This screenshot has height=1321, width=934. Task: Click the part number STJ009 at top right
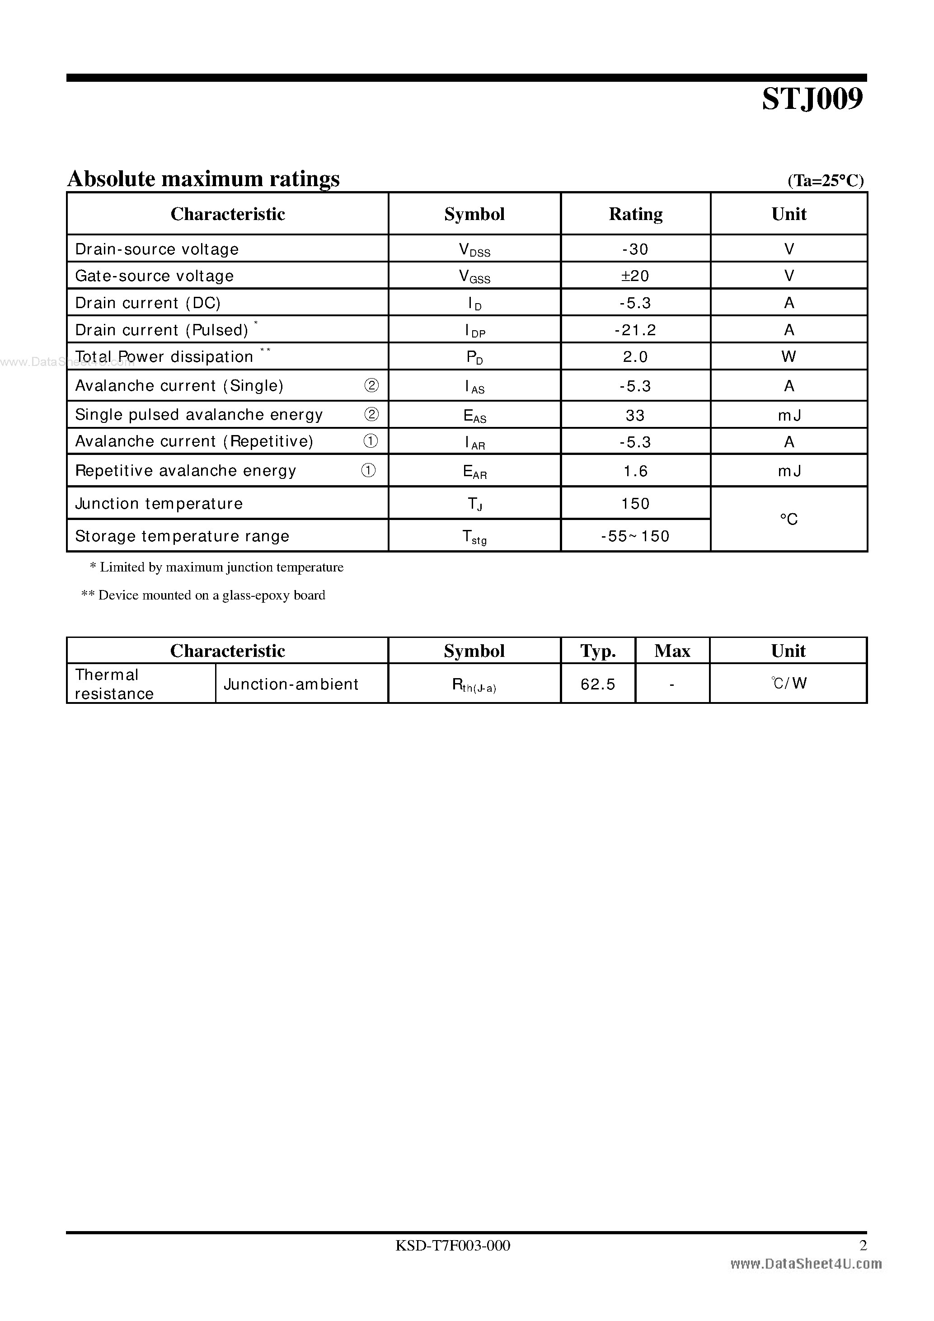click(x=812, y=99)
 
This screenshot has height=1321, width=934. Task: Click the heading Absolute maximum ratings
click(x=204, y=179)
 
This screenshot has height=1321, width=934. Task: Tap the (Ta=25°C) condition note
click(x=825, y=181)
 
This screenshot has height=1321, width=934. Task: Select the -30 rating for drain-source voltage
click(x=635, y=249)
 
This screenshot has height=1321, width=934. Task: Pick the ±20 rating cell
click(x=635, y=276)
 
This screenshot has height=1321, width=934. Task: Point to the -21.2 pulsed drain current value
click(x=635, y=330)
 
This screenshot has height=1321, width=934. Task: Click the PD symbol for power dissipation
click(x=474, y=357)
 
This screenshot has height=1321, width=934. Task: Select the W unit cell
click(x=789, y=357)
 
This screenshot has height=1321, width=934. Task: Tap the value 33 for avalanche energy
click(x=635, y=415)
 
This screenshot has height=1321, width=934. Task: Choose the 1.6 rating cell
click(x=635, y=471)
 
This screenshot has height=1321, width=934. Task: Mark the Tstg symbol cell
click(x=474, y=537)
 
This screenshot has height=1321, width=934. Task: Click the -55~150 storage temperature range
click(x=635, y=536)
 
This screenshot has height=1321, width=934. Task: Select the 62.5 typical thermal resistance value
click(x=597, y=684)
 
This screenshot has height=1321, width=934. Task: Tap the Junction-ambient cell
click(x=291, y=684)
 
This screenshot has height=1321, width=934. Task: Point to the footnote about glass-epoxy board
click(x=204, y=595)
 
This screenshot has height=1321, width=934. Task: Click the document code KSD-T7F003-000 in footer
click(x=452, y=1245)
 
